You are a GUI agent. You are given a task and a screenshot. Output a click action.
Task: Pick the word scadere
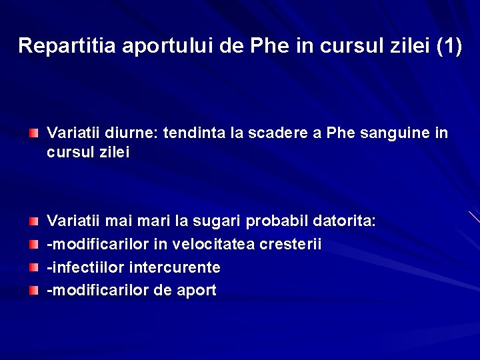[x=277, y=133]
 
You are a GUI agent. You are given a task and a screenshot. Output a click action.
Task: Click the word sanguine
[x=395, y=133]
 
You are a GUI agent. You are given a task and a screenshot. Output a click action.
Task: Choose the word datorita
[x=345, y=221]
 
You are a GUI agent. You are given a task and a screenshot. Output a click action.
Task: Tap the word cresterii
[x=291, y=244]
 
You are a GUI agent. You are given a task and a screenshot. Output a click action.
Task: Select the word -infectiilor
[x=85, y=267]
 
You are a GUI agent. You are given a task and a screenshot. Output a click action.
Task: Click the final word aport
[x=197, y=291]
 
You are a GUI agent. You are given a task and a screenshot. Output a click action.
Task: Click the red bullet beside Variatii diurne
[x=33, y=134]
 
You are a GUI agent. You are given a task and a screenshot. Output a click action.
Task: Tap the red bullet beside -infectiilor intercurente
[x=33, y=268]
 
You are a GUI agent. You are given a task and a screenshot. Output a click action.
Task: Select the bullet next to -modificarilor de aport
[x=33, y=291]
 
